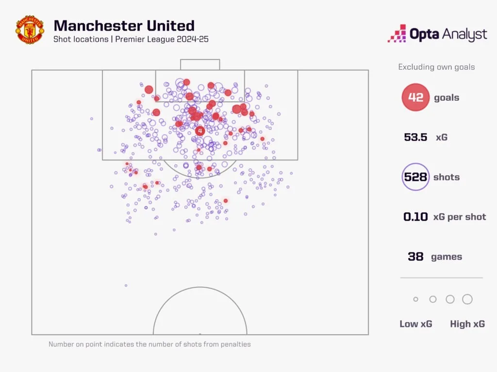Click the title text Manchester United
[124, 25]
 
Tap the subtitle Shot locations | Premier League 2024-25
[131, 39]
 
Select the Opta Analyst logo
[437, 34]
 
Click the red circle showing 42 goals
[415, 97]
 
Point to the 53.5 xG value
[415, 137]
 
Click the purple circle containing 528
[415, 177]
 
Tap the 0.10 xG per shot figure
[416, 217]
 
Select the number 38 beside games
[415, 257]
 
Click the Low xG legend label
[415, 324]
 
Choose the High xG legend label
[467, 324]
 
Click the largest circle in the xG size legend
[467, 299]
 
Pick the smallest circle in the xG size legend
[415, 299]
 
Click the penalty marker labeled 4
[200, 131]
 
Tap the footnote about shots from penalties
[149, 344]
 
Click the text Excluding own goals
[436, 67]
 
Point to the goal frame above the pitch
[200, 64]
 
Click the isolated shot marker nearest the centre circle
[126, 286]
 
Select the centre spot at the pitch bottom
[200, 334]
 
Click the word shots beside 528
[446, 177]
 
